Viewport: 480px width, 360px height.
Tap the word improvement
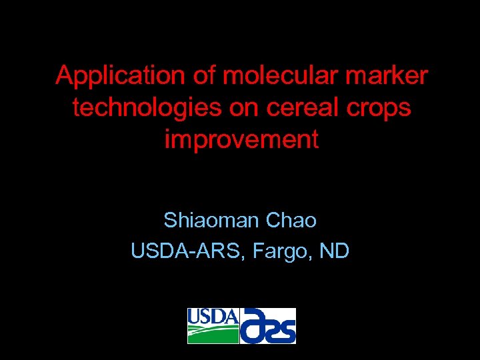(x=241, y=140)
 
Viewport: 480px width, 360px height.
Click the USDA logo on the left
(x=213, y=326)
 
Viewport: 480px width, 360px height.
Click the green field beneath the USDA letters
(x=213, y=335)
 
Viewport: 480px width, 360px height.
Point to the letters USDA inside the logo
(x=213, y=316)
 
